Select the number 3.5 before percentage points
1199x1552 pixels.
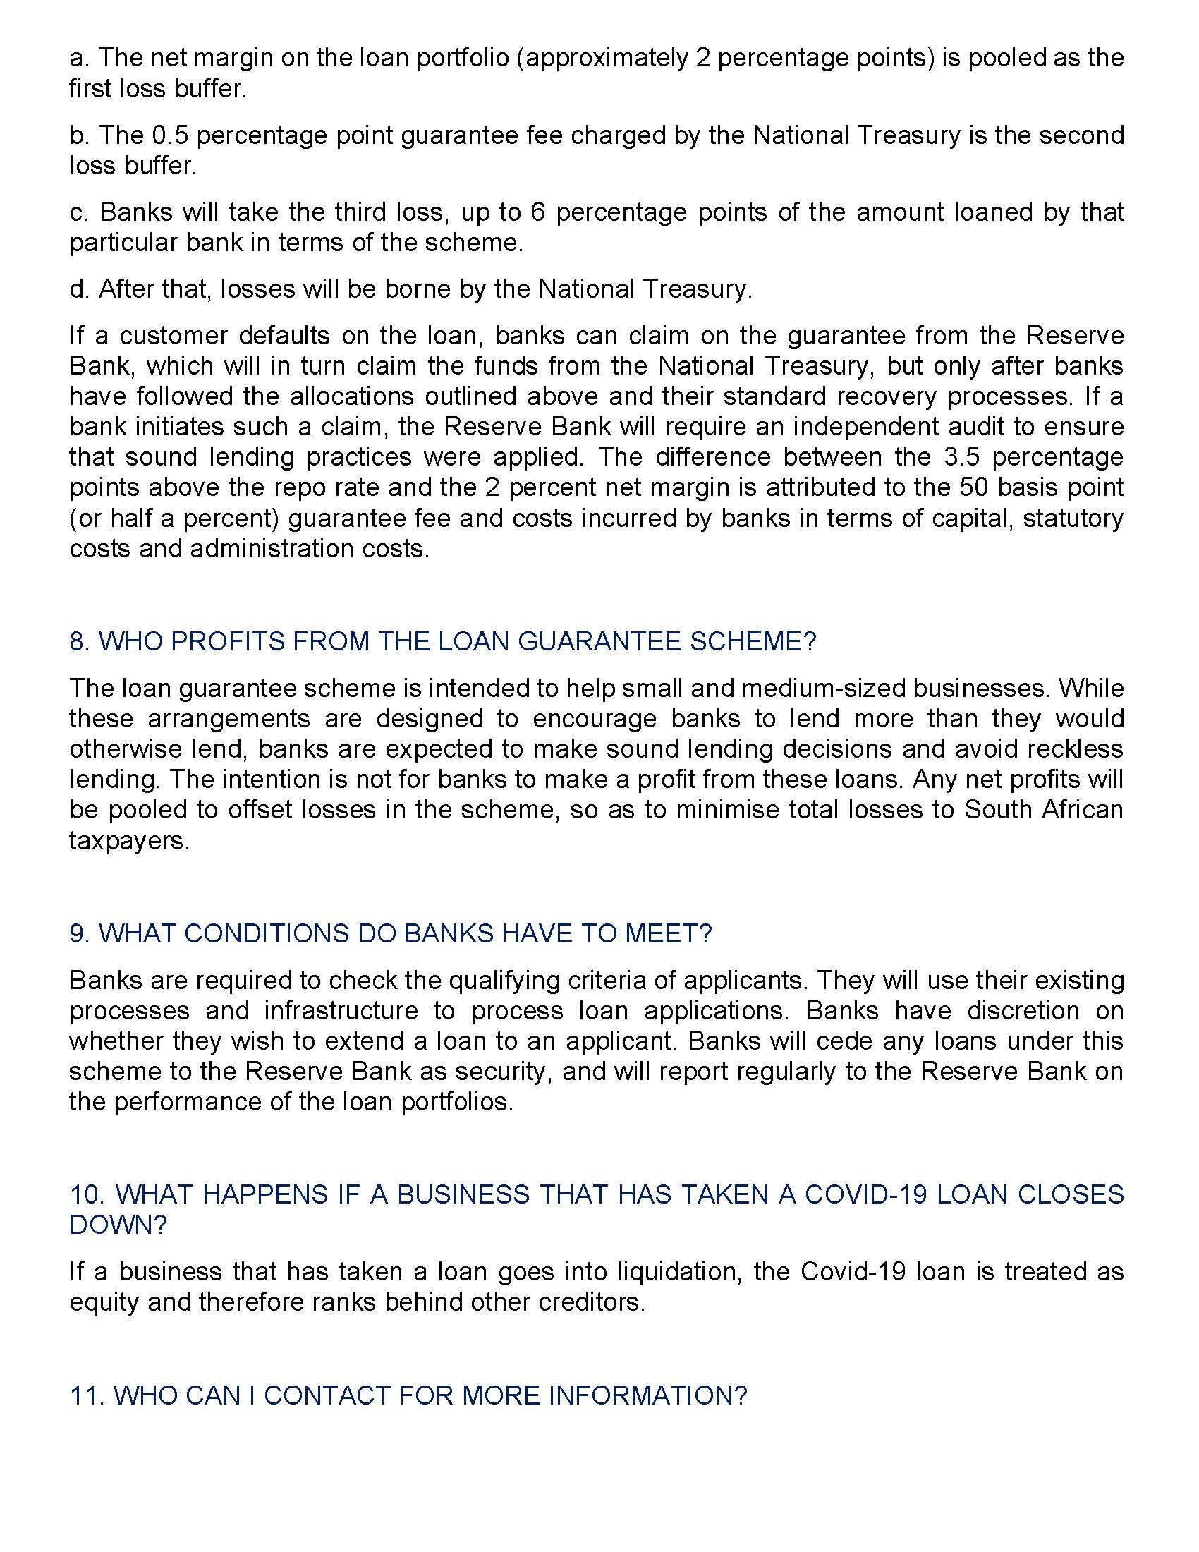[x=961, y=457]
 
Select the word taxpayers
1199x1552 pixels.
[x=128, y=841]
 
